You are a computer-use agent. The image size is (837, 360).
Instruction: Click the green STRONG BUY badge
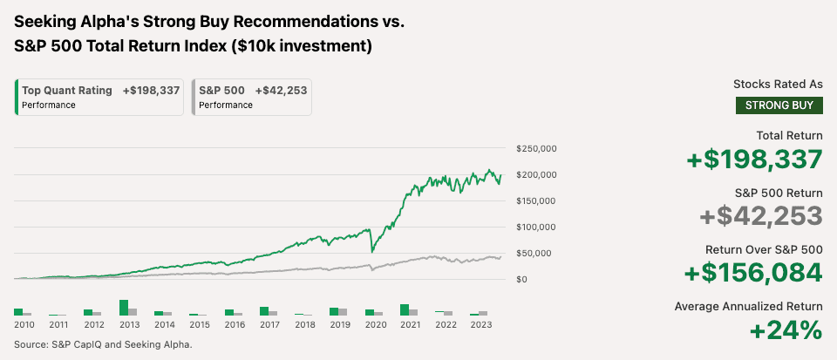pyautogui.click(x=779, y=105)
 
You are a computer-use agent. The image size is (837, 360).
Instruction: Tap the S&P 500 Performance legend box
pyautogui.click(x=252, y=97)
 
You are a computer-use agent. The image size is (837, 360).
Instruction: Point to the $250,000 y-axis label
pyautogui.click(x=536, y=149)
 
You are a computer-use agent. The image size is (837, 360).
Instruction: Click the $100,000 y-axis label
pyautogui.click(x=536, y=228)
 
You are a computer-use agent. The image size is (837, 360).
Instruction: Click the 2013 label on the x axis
pyautogui.click(x=129, y=325)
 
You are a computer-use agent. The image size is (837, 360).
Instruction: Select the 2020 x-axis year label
pyautogui.click(x=375, y=325)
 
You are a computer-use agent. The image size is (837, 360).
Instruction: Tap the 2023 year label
pyautogui.click(x=480, y=325)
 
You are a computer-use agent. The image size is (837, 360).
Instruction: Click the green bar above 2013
pyautogui.click(x=124, y=308)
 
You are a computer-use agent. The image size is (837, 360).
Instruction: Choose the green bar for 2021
pyautogui.click(x=405, y=309)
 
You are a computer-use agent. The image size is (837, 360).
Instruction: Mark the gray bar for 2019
pyautogui.click(x=343, y=311)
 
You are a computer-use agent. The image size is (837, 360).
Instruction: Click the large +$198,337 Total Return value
pyautogui.click(x=755, y=160)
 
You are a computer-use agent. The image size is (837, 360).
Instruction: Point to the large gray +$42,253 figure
pyautogui.click(x=761, y=216)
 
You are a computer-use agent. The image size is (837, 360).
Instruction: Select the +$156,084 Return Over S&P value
pyautogui.click(x=754, y=272)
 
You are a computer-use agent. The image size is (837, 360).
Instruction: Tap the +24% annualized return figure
pyautogui.click(x=786, y=330)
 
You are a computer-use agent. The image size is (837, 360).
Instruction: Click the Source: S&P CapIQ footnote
pyautogui.click(x=103, y=344)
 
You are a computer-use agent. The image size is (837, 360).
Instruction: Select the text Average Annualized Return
pyautogui.click(x=748, y=306)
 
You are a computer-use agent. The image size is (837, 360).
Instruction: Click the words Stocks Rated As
pyautogui.click(x=778, y=85)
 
